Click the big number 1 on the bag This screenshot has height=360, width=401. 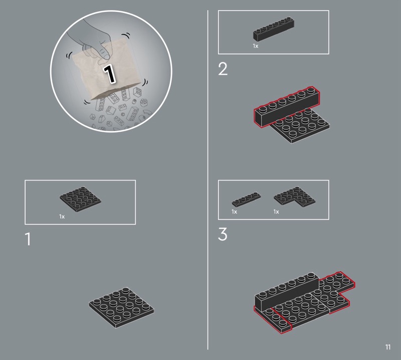109,74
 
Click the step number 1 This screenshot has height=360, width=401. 28,239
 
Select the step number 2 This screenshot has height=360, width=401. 223,69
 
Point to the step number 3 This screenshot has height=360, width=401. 223,234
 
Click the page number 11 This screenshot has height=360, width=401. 387,347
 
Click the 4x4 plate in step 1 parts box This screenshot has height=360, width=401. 80,199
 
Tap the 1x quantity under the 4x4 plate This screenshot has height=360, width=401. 62,217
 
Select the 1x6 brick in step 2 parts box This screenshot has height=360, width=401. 274,29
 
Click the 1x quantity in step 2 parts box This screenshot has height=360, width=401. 256,46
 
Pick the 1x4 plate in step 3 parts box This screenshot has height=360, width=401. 246,200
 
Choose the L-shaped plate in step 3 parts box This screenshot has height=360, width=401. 294,197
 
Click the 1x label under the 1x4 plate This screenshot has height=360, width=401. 234,212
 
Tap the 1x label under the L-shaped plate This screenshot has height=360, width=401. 276,212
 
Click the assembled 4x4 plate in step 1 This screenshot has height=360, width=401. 121,307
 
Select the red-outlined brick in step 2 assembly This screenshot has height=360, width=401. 287,107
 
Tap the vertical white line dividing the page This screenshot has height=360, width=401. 208,180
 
